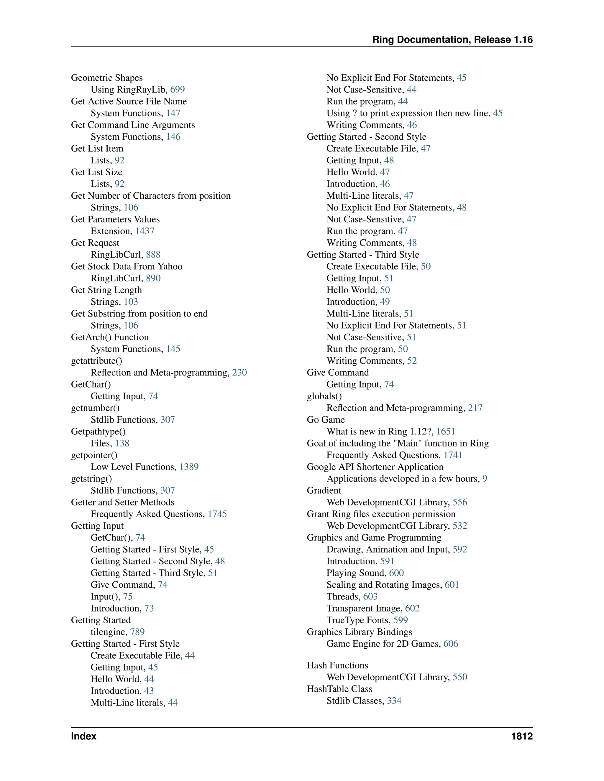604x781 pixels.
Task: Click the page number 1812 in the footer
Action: pyautogui.click(x=522, y=736)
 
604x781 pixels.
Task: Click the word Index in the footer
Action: pyautogui.click(x=84, y=736)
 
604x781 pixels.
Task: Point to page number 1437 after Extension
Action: pyautogui.click(x=145, y=231)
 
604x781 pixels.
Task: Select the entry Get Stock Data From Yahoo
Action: pyautogui.click(x=127, y=266)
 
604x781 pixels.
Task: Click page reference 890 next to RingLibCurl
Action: pyautogui.click(x=153, y=278)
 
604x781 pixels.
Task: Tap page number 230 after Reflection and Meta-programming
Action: pyautogui.click(x=239, y=373)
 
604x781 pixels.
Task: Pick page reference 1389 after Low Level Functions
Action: pyautogui.click(x=189, y=467)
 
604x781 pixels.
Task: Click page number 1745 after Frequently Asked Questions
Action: pyautogui.click(x=217, y=514)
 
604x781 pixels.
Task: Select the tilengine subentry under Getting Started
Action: pyautogui.click(x=109, y=632)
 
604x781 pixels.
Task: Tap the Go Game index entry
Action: pyautogui.click(x=326, y=420)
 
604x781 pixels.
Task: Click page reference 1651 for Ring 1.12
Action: pyautogui.click(x=446, y=432)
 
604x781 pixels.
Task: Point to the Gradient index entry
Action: pyautogui.click(x=324, y=491)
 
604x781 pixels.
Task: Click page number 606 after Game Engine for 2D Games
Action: pyautogui.click(x=451, y=644)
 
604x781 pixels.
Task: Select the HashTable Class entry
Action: pyautogui.click(x=339, y=689)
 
